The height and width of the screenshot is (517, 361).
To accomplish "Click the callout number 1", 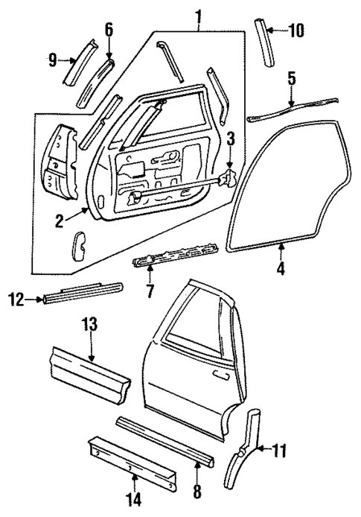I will coord(197,14).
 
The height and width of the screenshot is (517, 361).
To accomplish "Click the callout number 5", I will coord(292,77).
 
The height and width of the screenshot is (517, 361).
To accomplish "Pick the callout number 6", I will coord(109,31).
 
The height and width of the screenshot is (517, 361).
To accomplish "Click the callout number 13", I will coord(89,326).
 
